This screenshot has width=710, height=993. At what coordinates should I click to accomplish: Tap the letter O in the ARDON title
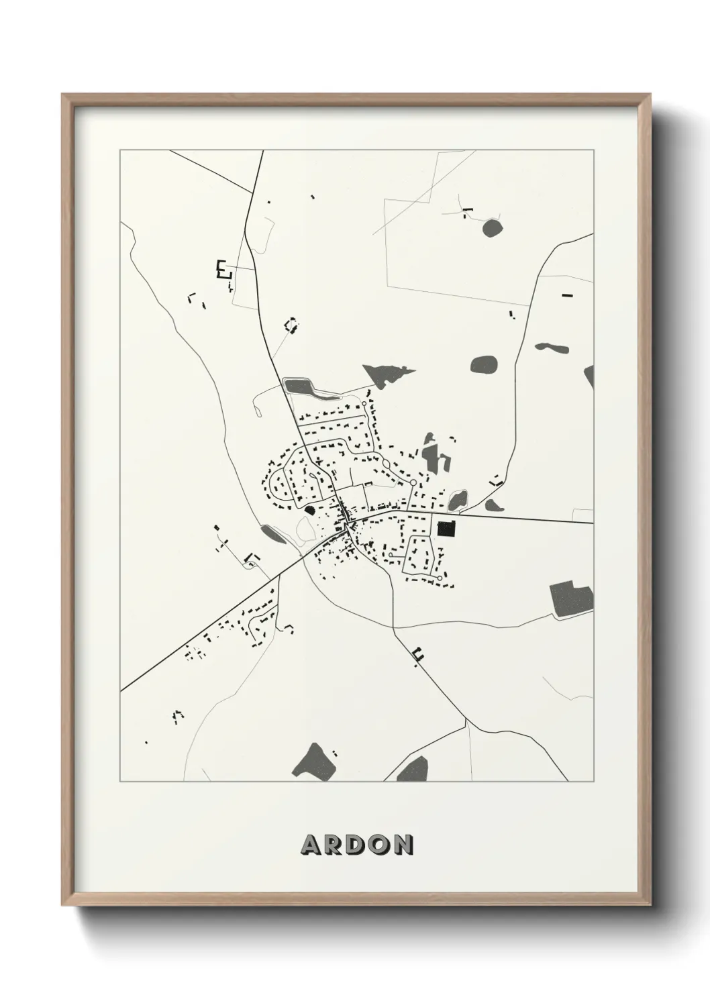378,845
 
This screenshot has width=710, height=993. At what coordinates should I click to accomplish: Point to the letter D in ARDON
356,845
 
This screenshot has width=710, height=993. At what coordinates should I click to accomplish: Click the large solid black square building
446,529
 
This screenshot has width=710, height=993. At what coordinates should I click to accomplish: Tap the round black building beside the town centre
309,510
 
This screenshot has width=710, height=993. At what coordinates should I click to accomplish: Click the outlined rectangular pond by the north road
299,387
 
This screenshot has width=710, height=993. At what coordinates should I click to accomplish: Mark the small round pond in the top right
492,228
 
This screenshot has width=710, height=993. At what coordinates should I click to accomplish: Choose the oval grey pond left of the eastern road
484,366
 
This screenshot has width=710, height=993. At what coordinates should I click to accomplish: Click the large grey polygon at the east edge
572,598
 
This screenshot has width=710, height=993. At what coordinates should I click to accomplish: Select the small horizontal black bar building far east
567,295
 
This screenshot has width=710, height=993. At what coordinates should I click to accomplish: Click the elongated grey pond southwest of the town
272,533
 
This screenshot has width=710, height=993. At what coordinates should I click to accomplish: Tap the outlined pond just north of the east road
458,500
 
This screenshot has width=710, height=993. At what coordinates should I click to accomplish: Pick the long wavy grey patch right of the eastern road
552,348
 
